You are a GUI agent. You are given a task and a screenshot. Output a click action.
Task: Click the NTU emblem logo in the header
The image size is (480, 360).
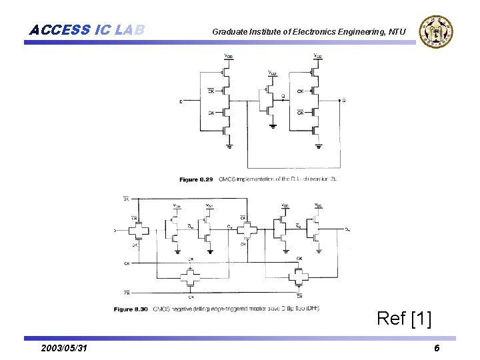[435, 31]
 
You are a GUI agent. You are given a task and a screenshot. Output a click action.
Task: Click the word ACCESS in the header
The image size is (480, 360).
[60, 30]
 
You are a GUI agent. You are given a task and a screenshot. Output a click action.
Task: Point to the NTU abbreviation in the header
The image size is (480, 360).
[397, 31]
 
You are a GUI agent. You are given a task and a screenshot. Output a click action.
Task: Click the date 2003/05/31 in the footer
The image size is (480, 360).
[63, 349]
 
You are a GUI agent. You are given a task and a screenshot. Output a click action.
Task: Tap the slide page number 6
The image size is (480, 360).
[436, 349]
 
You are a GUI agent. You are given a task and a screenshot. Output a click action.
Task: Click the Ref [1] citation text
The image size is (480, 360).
[404, 319]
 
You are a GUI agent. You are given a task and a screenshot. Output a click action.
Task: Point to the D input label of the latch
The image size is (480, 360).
[181, 101]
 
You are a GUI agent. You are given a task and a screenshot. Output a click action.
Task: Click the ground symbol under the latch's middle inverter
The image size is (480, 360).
[272, 124]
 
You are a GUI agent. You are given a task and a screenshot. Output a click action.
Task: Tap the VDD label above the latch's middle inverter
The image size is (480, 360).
[272, 72]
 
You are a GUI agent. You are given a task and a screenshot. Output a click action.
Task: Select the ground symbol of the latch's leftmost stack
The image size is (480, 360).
[228, 144]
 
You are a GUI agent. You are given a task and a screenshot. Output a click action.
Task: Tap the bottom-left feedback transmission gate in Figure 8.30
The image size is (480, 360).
[191, 275]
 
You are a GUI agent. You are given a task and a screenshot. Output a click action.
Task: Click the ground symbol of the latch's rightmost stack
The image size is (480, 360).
[318, 144]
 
